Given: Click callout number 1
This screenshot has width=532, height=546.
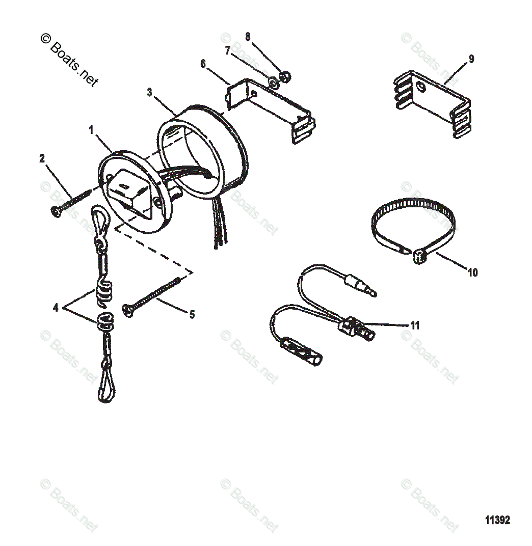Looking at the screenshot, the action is point(91,130).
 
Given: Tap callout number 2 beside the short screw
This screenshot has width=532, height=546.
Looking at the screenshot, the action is point(42,159).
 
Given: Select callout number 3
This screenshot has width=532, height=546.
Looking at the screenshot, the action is point(149,92).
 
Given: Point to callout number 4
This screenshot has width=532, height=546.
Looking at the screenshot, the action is point(55,308).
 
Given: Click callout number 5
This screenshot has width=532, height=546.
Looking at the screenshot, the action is point(192,315).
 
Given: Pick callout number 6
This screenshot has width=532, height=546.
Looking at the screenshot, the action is point(203,64).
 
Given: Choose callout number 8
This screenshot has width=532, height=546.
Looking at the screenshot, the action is point(248,37).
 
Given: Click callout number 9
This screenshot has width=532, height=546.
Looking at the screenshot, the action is point(471,59).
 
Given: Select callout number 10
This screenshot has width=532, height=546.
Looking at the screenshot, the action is point(472,273).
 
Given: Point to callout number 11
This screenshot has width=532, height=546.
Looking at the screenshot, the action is point(415,325).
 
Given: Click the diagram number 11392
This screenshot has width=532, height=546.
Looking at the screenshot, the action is point(497,521).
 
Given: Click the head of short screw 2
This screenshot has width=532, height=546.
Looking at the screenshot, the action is point(56,212).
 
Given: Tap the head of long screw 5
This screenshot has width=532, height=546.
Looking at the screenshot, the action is point(128,309).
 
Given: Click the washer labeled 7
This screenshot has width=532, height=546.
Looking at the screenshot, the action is point(273,81).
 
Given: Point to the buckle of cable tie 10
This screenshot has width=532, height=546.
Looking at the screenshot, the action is point(419,257).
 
